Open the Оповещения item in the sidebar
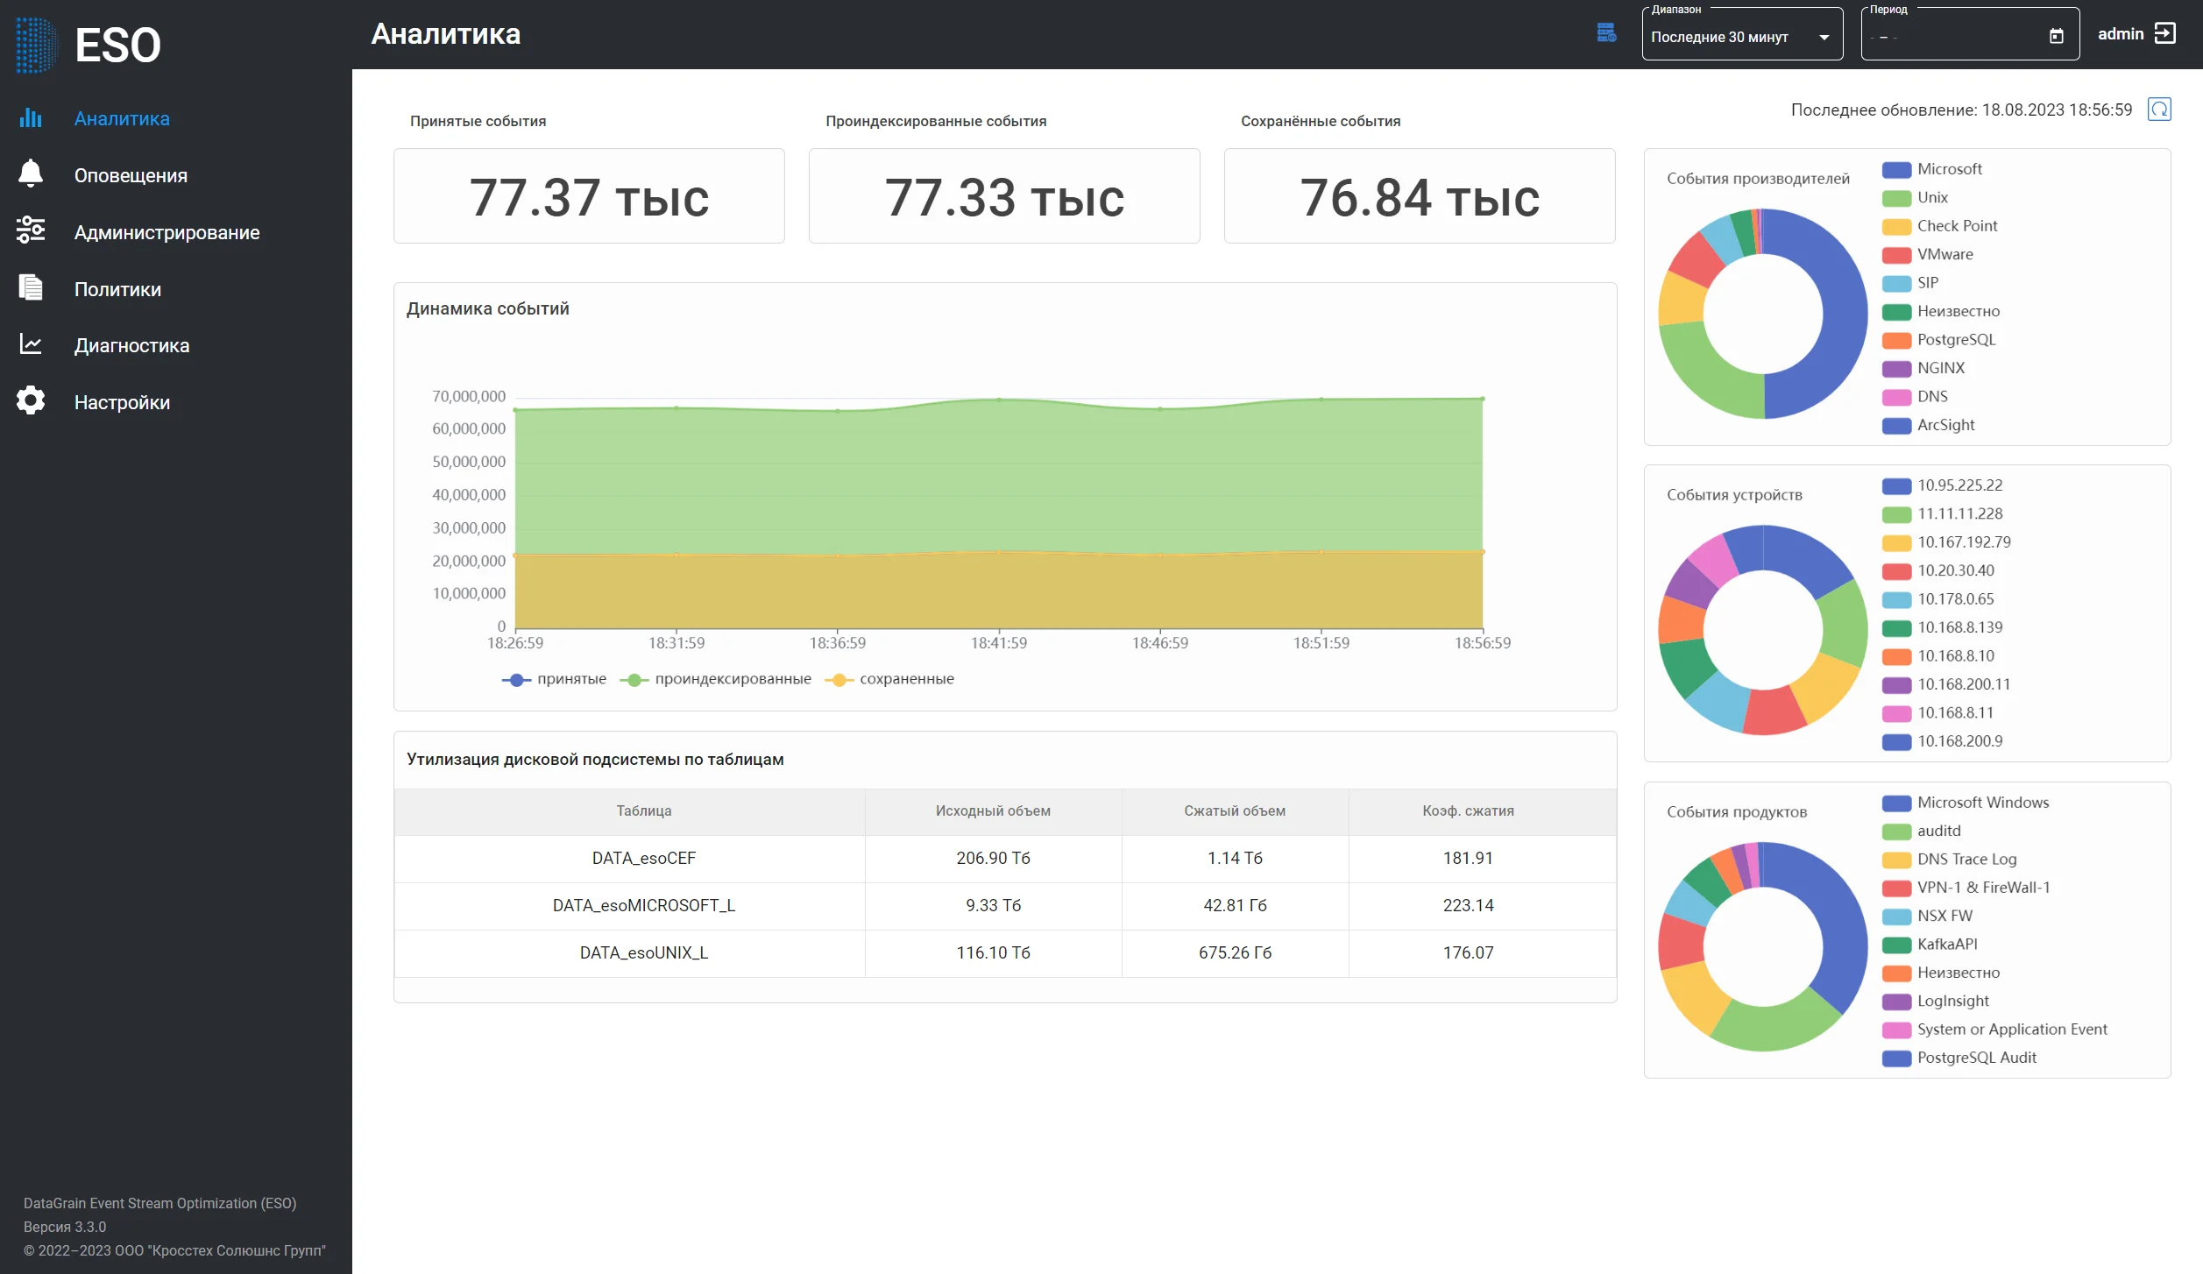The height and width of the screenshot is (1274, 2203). click(x=131, y=175)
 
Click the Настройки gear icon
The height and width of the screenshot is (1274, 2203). click(x=31, y=400)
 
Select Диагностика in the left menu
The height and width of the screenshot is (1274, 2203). click(x=131, y=345)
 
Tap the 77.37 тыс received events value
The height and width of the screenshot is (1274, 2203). click(x=589, y=197)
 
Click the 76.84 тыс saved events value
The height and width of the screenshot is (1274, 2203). click(x=1420, y=197)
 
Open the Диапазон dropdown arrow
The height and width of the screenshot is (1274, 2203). click(x=1824, y=38)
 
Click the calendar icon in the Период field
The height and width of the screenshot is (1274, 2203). click(x=2057, y=36)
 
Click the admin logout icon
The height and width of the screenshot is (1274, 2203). click(x=2165, y=33)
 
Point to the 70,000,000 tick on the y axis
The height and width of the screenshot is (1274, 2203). click(x=469, y=396)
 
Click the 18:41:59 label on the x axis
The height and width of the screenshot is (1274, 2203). click(x=999, y=643)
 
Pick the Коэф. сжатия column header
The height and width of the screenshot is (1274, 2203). click(x=1468, y=810)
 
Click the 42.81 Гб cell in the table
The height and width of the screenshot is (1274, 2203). click(x=1235, y=905)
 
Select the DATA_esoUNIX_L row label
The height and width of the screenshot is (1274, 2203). click(x=644, y=952)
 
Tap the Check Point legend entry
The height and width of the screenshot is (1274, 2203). click(x=1940, y=226)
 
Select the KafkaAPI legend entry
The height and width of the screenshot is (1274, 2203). click(x=1930, y=944)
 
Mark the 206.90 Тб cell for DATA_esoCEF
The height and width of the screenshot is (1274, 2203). click(x=993, y=858)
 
